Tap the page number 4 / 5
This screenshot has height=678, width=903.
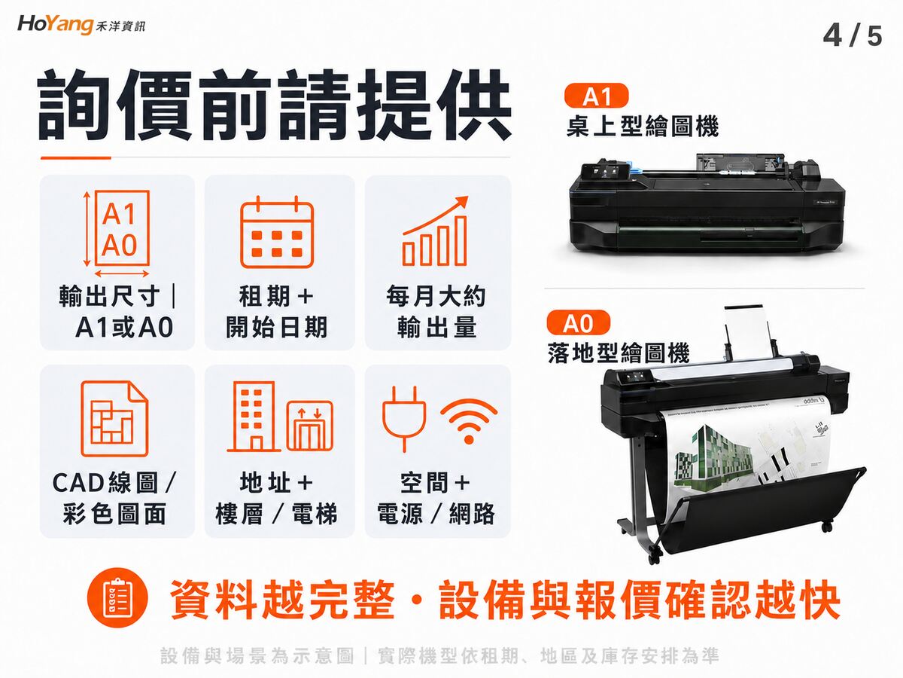point(853,36)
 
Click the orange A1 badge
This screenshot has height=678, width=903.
point(596,96)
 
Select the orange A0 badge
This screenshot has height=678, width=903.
point(579,322)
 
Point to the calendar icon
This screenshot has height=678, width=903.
point(277,232)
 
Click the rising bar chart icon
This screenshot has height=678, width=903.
point(435,231)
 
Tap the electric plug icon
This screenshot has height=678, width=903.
point(404,418)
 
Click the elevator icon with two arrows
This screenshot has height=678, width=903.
point(309,426)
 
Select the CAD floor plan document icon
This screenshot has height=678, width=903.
point(114,419)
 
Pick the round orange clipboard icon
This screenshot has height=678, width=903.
point(117,597)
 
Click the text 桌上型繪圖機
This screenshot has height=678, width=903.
point(642,126)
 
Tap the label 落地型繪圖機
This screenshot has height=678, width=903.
point(619,353)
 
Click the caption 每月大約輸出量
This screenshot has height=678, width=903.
point(436,311)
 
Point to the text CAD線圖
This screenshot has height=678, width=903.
point(105,482)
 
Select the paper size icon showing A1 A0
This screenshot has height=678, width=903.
point(117,234)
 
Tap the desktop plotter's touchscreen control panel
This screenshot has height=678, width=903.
point(607,169)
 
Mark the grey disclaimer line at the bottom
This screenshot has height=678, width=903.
point(439,655)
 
